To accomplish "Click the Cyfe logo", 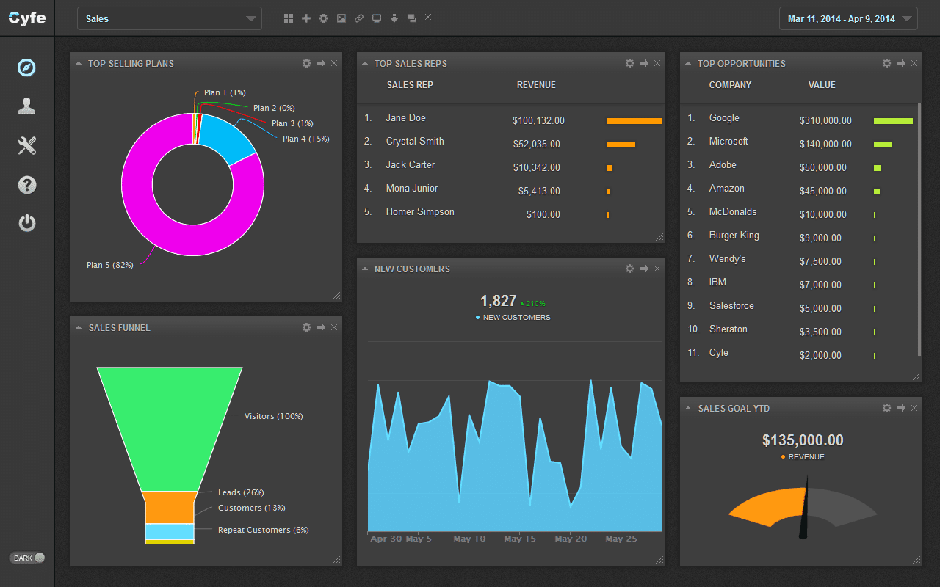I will tap(27, 18).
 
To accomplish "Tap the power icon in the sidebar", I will tap(27, 222).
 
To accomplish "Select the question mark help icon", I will tap(27, 185).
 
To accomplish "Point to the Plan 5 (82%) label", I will tap(110, 265).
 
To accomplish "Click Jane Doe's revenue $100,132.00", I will tap(538, 121).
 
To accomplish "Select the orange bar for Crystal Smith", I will tap(621, 145).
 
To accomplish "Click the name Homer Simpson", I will tap(420, 212).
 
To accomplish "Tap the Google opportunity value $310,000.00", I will tap(825, 121).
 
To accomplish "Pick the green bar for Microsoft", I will tap(882, 145).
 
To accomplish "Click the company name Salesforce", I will tap(731, 306).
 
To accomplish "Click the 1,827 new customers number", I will tap(499, 301).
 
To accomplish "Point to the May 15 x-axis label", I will tap(520, 539).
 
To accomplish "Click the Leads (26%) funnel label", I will tap(241, 492).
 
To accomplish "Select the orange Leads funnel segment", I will tap(170, 507).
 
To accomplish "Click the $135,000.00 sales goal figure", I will tap(803, 440).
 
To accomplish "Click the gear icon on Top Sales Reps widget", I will tap(629, 63).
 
